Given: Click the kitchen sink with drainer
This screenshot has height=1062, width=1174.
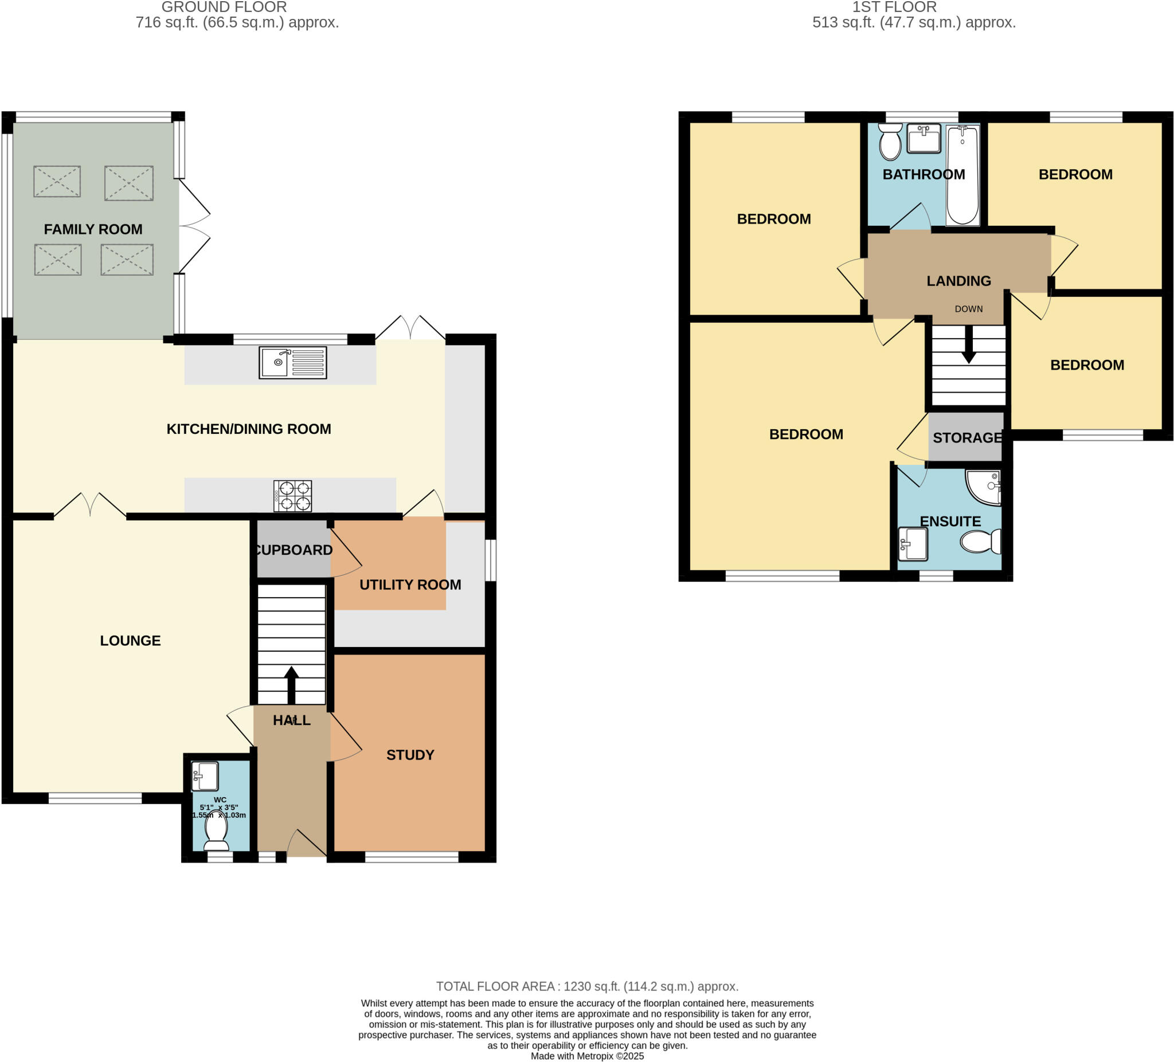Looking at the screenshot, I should (x=292, y=362).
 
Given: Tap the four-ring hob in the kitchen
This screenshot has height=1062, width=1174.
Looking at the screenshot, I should (x=293, y=496).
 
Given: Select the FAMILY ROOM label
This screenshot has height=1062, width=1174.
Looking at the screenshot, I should (x=93, y=229).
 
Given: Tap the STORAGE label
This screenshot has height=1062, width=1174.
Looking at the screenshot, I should (x=966, y=438).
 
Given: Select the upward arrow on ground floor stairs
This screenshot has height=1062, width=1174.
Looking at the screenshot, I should (x=291, y=685).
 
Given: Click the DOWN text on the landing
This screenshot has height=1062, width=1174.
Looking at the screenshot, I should (x=968, y=309).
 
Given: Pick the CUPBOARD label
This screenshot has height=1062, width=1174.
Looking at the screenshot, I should (x=293, y=550).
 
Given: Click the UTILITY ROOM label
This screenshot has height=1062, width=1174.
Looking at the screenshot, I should (x=410, y=585).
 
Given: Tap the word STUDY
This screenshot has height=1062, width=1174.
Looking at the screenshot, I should (x=410, y=755).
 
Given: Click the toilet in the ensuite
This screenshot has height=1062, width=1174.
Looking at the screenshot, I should (x=980, y=542).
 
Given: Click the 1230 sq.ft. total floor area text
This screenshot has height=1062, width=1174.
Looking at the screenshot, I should (x=587, y=986).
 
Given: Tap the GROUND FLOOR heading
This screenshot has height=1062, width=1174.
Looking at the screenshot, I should (x=224, y=7).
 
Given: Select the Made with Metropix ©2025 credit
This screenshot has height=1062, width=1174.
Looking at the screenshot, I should (x=587, y=1056).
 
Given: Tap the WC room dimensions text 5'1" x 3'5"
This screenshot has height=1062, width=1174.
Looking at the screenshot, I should (x=219, y=808).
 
